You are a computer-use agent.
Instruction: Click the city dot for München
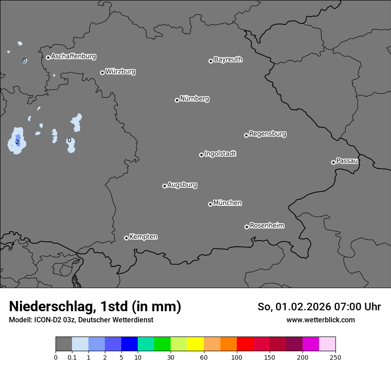(210, 205)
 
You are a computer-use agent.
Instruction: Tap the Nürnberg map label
(195, 99)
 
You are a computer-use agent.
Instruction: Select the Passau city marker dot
(333, 162)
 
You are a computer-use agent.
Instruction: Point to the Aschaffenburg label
(73, 56)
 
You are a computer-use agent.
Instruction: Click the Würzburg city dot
(102, 72)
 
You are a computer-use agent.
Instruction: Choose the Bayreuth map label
(228, 60)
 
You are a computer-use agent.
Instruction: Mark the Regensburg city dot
(246, 135)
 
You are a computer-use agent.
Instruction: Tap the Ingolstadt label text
(220, 154)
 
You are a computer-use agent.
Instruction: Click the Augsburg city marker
(164, 186)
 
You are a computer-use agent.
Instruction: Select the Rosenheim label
(267, 225)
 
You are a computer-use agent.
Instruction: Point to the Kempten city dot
(126, 238)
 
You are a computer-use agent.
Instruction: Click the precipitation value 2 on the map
(17, 142)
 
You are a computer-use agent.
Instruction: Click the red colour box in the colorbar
(245, 344)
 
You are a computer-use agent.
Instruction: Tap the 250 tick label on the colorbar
(335, 357)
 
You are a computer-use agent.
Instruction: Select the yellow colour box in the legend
(195, 344)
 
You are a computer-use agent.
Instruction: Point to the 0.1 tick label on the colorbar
(72, 357)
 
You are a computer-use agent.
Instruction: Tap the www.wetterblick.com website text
(320, 320)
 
